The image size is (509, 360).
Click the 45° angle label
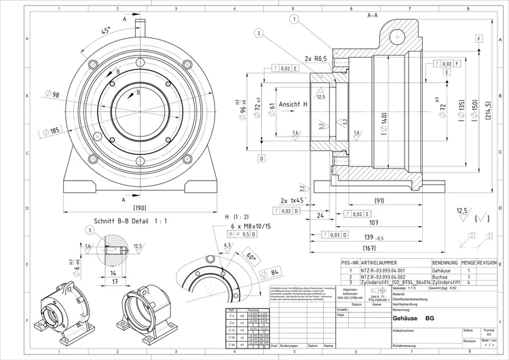click(x=106, y=31)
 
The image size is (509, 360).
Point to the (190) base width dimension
click(x=140, y=208)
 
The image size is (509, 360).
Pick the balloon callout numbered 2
click(x=259, y=33)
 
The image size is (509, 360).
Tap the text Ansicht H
click(x=294, y=105)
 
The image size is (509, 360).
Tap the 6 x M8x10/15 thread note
click(x=254, y=225)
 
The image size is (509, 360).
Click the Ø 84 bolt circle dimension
click(x=274, y=273)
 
